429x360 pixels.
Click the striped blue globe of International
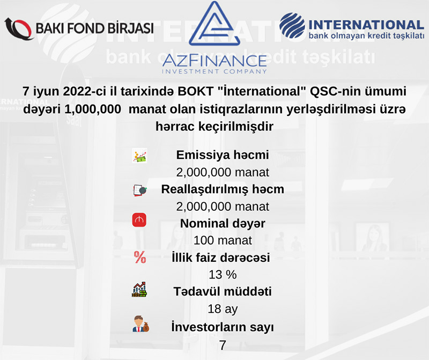click(x=292, y=25)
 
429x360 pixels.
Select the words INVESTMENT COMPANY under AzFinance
click(x=214, y=71)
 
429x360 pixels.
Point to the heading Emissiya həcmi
click(x=223, y=155)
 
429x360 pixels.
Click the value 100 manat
click(x=223, y=240)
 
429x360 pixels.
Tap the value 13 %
click(x=223, y=275)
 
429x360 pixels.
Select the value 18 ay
click(x=223, y=309)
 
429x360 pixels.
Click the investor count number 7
click(x=223, y=345)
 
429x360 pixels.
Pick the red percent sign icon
click(x=140, y=258)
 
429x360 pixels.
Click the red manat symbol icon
click(x=139, y=220)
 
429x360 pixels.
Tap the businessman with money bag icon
click(x=140, y=324)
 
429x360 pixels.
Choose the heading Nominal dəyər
click(x=223, y=223)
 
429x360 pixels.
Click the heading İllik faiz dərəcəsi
click(x=221, y=258)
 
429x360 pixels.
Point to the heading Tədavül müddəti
click(x=223, y=291)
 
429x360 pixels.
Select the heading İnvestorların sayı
click(x=223, y=327)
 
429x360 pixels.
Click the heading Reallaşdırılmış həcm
click(x=223, y=189)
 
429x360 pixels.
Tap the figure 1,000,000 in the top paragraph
click(x=93, y=109)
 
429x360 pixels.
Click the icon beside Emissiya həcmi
click(x=139, y=156)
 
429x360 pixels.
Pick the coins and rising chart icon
click(x=139, y=289)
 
